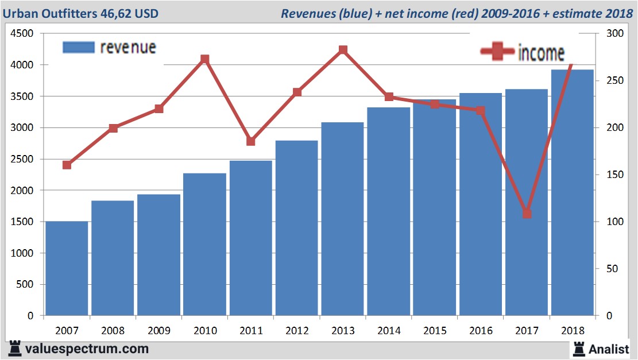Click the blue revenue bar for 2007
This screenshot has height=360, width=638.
67,268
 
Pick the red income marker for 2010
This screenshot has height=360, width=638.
205,59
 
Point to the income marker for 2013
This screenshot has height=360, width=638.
343,50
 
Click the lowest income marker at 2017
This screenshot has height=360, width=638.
527,214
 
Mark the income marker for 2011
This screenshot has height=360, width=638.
251,141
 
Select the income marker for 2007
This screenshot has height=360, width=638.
67,165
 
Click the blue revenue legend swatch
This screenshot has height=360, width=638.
78,47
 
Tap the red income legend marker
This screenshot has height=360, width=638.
497,52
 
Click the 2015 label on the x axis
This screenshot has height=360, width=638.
434,331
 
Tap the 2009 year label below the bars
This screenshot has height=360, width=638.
159,331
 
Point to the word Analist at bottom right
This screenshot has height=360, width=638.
609,349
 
